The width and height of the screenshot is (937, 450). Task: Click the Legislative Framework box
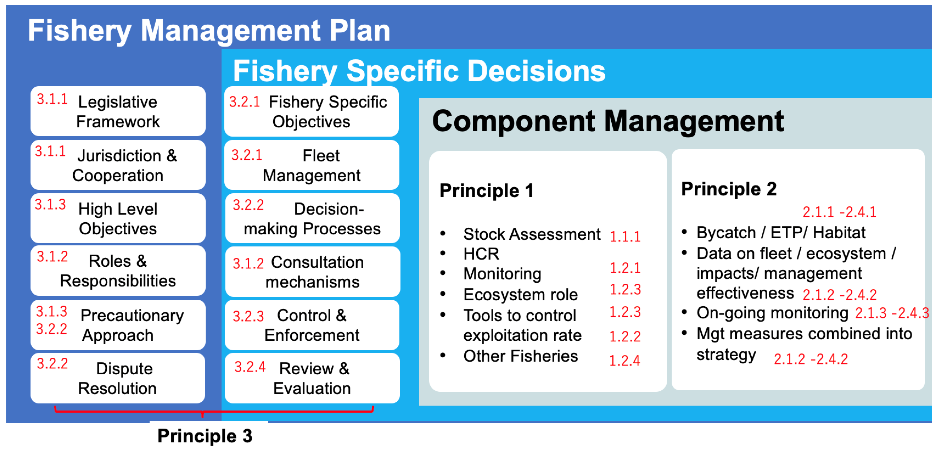click(118, 111)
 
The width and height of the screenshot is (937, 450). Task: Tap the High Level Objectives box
click(118, 218)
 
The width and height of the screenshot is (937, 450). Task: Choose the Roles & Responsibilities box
click(118, 271)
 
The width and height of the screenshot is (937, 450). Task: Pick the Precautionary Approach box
click(118, 325)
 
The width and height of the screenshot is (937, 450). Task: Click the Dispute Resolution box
click(118, 378)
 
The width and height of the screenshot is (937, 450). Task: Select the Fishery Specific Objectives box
click(312, 111)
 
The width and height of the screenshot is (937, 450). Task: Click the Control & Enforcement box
click(312, 325)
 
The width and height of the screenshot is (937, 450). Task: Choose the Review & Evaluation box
click(312, 378)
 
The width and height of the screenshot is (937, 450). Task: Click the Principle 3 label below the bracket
click(205, 436)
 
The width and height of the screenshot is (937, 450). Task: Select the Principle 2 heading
click(728, 189)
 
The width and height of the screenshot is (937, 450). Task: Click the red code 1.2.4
click(625, 360)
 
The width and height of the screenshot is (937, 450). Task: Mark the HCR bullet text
click(481, 254)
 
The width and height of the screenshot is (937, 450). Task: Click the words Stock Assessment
click(532, 234)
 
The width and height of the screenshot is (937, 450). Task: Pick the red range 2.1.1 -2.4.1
click(840, 212)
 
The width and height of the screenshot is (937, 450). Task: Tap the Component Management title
click(608, 121)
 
